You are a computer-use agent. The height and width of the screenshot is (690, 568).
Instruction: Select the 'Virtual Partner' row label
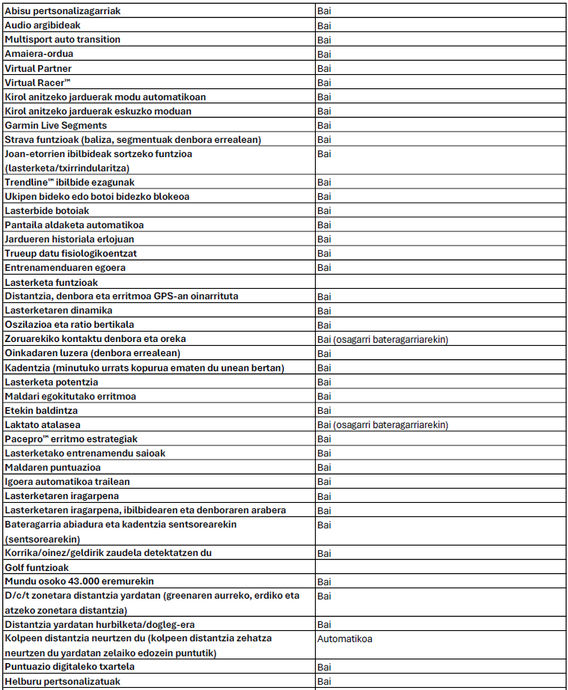click(38, 68)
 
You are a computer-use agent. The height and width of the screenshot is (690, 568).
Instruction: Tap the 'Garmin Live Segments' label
click(56, 125)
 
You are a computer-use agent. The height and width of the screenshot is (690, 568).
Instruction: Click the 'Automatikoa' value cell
click(345, 638)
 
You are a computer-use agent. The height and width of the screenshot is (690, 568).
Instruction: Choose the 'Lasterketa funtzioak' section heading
click(52, 282)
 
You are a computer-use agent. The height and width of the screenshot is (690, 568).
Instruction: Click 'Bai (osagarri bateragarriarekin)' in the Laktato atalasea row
click(382, 424)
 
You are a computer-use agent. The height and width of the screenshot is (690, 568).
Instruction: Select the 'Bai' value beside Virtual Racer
click(324, 82)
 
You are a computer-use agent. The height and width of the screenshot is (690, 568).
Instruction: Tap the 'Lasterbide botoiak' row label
click(46, 211)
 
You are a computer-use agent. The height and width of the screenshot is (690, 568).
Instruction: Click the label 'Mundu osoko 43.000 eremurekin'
click(79, 581)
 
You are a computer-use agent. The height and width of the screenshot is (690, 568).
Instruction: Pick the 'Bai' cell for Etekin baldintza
click(324, 410)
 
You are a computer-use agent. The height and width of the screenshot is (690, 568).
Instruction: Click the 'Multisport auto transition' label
click(62, 40)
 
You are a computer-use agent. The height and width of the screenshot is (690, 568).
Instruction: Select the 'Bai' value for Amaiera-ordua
click(324, 54)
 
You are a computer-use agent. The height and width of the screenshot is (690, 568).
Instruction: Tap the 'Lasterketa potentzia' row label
click(51, 382)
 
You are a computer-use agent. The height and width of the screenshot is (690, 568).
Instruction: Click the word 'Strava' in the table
click(19, 139)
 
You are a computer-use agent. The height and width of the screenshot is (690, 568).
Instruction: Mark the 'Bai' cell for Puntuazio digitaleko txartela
click(324, 666)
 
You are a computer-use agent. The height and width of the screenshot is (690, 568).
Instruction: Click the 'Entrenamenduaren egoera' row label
click(65, 268)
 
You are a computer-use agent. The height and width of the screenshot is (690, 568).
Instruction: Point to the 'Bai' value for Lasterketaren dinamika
click(324, 311)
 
